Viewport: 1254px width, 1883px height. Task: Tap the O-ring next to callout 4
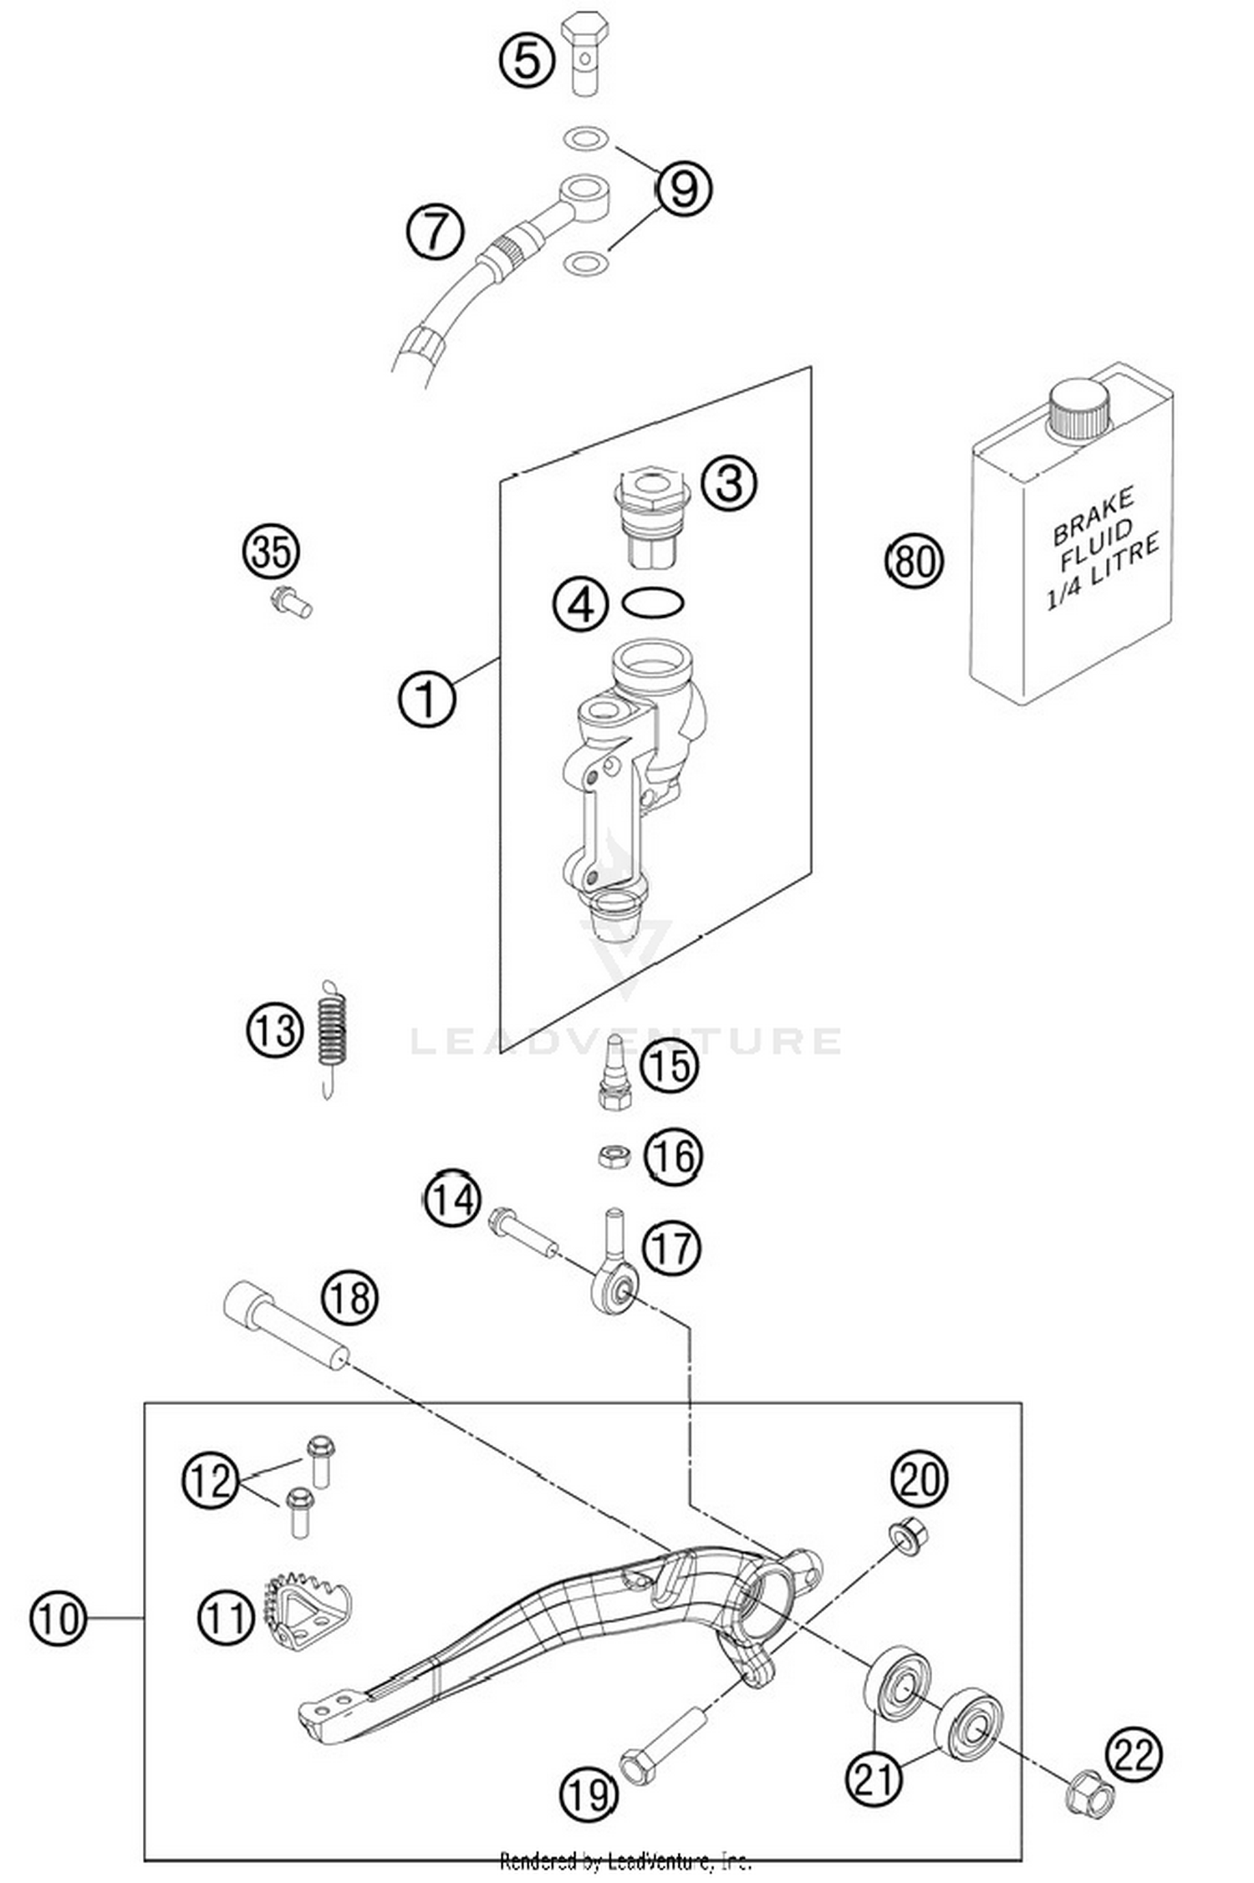pos(653,603)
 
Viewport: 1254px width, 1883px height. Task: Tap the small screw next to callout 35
pos(291,601)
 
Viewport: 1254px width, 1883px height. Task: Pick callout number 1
pos(426,699)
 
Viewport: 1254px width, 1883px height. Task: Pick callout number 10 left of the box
pos(58,1619)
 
